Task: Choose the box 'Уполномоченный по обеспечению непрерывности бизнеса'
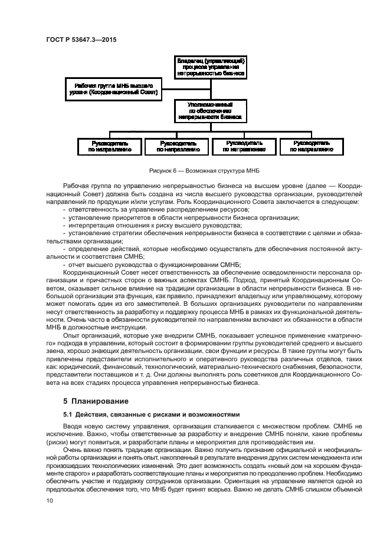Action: click(x=211, y=110)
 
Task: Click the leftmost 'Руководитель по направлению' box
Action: click(x=110, y=146)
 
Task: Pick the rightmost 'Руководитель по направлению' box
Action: click(x=312, y=146)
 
